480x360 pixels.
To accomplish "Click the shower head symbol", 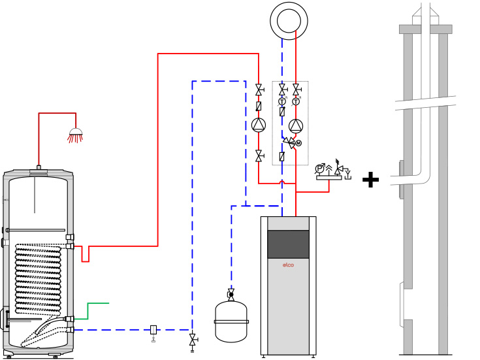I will pos(76,133).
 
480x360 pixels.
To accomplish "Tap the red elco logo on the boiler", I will pos(288,265).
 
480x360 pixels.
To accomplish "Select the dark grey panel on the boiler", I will pos(288,244).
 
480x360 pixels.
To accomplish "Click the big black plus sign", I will pos(370,180).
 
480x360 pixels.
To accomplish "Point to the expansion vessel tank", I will pos(231,321).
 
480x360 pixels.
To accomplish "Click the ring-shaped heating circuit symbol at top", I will pos(289,21).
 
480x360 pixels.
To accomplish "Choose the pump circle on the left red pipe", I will pos(259,125).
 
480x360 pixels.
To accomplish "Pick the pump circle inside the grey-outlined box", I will pos(296,125).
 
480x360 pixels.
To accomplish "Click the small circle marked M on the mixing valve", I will pos(298,143).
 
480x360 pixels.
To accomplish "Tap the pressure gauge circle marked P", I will pos(320,169).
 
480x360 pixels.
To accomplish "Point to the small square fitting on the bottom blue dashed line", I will pos(153,330).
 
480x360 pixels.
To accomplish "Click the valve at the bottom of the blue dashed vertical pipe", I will pos(192,340).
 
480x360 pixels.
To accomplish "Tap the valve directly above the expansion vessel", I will pos(231,294).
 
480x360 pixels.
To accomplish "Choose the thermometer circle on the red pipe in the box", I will pos(296,101).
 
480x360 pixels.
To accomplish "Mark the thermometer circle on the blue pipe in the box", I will pos(282,101).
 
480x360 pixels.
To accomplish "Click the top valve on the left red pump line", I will pos(259,90).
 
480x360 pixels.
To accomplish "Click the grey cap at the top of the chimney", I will pos(425,29).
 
